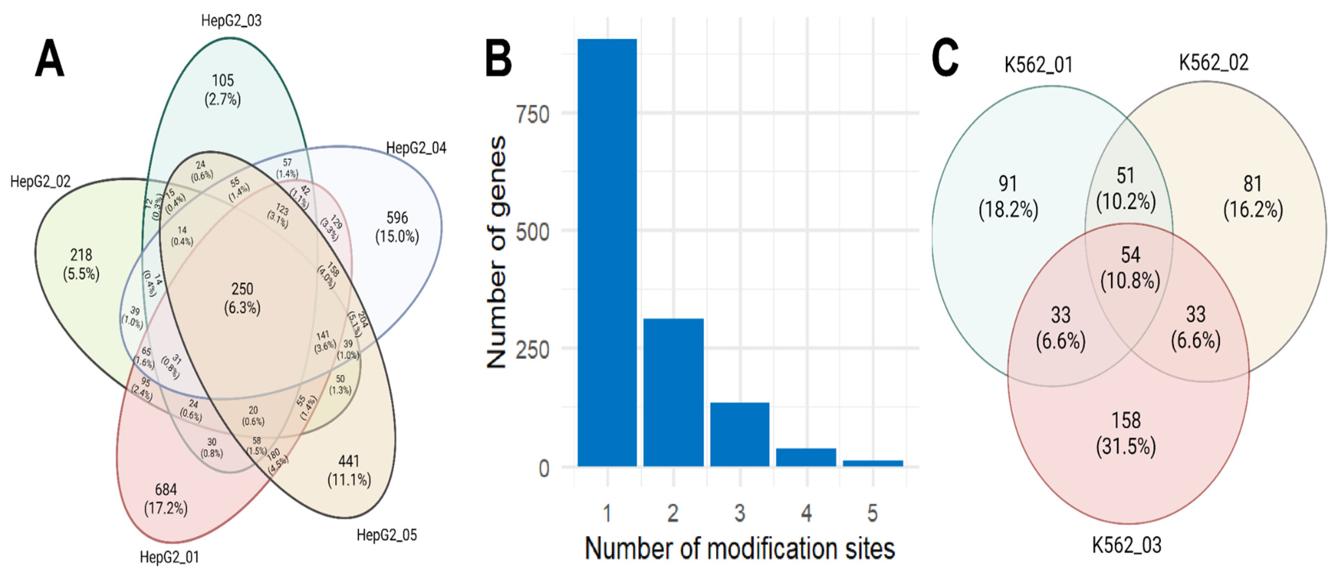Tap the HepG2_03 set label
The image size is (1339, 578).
point(231,21)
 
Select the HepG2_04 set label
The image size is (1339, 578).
point(416,149)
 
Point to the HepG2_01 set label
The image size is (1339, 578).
point(170,557)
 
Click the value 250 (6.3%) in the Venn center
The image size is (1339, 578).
point(242,298)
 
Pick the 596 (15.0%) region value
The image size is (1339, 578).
point(397,227)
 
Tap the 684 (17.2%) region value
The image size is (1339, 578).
point(166,499)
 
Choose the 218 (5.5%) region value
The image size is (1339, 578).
point(81,264)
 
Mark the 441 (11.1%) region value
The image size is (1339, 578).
point(349,470)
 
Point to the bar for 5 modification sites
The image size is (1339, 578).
point(873,463)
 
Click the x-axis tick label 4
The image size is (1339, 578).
point(806,513)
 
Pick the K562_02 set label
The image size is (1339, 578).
point(1213,63)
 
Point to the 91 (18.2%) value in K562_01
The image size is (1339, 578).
point(1008,197)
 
